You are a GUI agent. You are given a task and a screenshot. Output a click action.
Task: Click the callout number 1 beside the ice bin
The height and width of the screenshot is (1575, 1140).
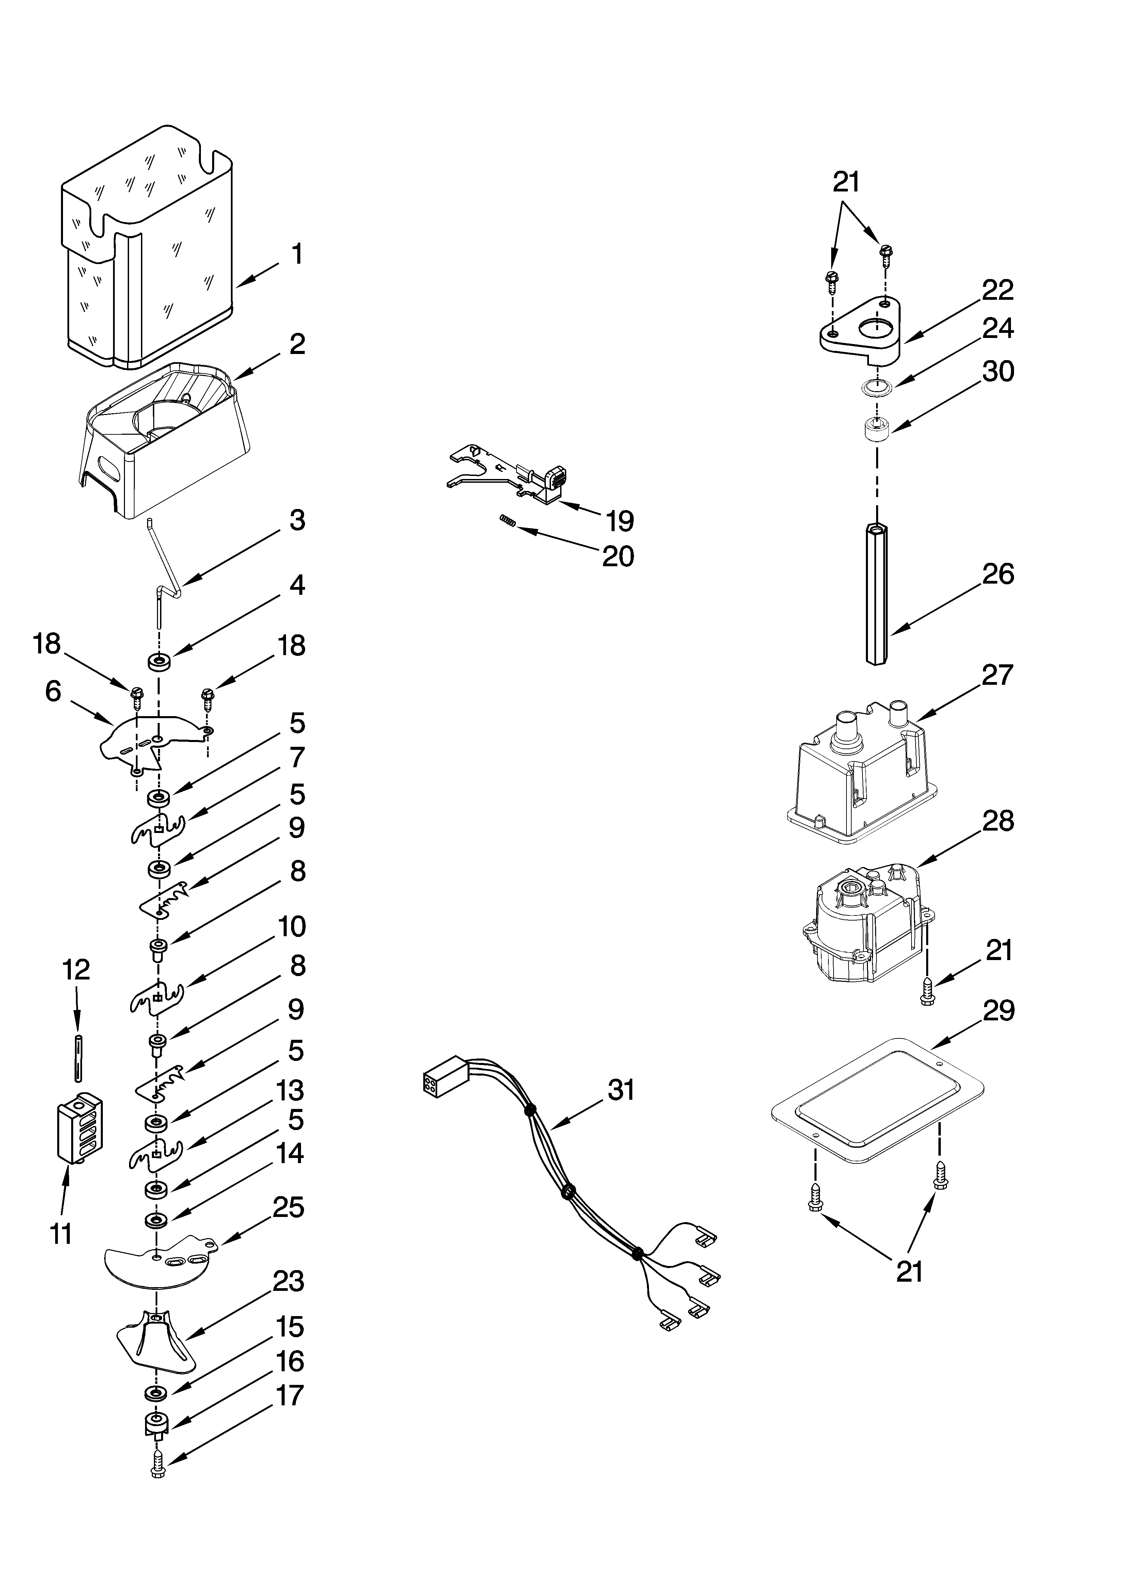(x=297, y=254)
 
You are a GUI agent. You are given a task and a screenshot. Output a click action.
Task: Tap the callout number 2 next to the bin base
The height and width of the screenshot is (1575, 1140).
(x=297, y=344)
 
